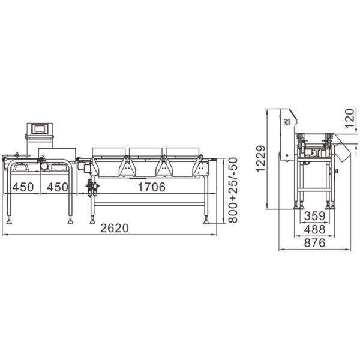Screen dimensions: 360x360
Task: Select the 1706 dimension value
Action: point(151,187)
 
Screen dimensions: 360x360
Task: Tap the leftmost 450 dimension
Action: point(23,187)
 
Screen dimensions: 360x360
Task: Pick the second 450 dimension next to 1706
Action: point(57,187)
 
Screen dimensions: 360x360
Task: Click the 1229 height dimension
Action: point(260,159)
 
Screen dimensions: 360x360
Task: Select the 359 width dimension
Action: point(314,216)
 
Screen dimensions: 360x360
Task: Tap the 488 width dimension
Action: point(314,229)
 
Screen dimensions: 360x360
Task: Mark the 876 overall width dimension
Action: point(314,243)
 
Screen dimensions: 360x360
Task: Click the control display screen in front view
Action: point(41,128)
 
